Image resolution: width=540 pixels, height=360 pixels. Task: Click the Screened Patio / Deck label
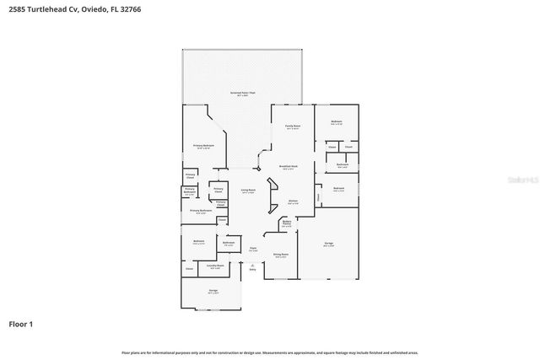pos(245,93)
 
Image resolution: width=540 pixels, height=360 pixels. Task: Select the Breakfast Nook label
pos(289,167)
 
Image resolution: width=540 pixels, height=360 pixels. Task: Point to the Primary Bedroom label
pos(202,146)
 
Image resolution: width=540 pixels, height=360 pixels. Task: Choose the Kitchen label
pos(293,201)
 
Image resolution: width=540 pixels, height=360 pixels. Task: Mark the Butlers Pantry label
pos(287,224)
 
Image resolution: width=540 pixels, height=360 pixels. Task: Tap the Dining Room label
pos(280,255)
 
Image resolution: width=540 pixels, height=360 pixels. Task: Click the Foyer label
pos(252,249)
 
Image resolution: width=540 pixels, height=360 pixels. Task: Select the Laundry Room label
pos(214,266)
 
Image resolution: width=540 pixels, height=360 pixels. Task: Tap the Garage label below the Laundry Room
pos(213,291)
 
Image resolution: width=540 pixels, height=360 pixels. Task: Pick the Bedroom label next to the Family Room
pos(336,123)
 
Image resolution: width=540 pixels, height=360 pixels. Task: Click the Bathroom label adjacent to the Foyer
pos(228,244)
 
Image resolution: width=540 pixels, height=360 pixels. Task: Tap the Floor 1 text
pos(21,324)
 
